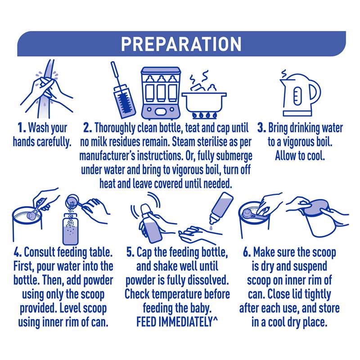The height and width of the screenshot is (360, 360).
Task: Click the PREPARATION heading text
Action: point(181,44)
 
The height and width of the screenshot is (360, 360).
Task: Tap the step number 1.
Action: point(22,128)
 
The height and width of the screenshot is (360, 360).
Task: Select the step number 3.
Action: point(261,128)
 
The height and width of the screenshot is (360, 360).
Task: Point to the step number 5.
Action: point(130,252)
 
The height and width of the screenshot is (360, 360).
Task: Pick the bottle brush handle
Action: point(116,73)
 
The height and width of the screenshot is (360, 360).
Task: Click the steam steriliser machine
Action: point(161,93)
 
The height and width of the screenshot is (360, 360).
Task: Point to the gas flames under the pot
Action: point(204,116)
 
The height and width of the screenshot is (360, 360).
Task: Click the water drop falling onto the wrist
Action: point(211,228)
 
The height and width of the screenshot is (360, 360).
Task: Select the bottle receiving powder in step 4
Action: point(71,229)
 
